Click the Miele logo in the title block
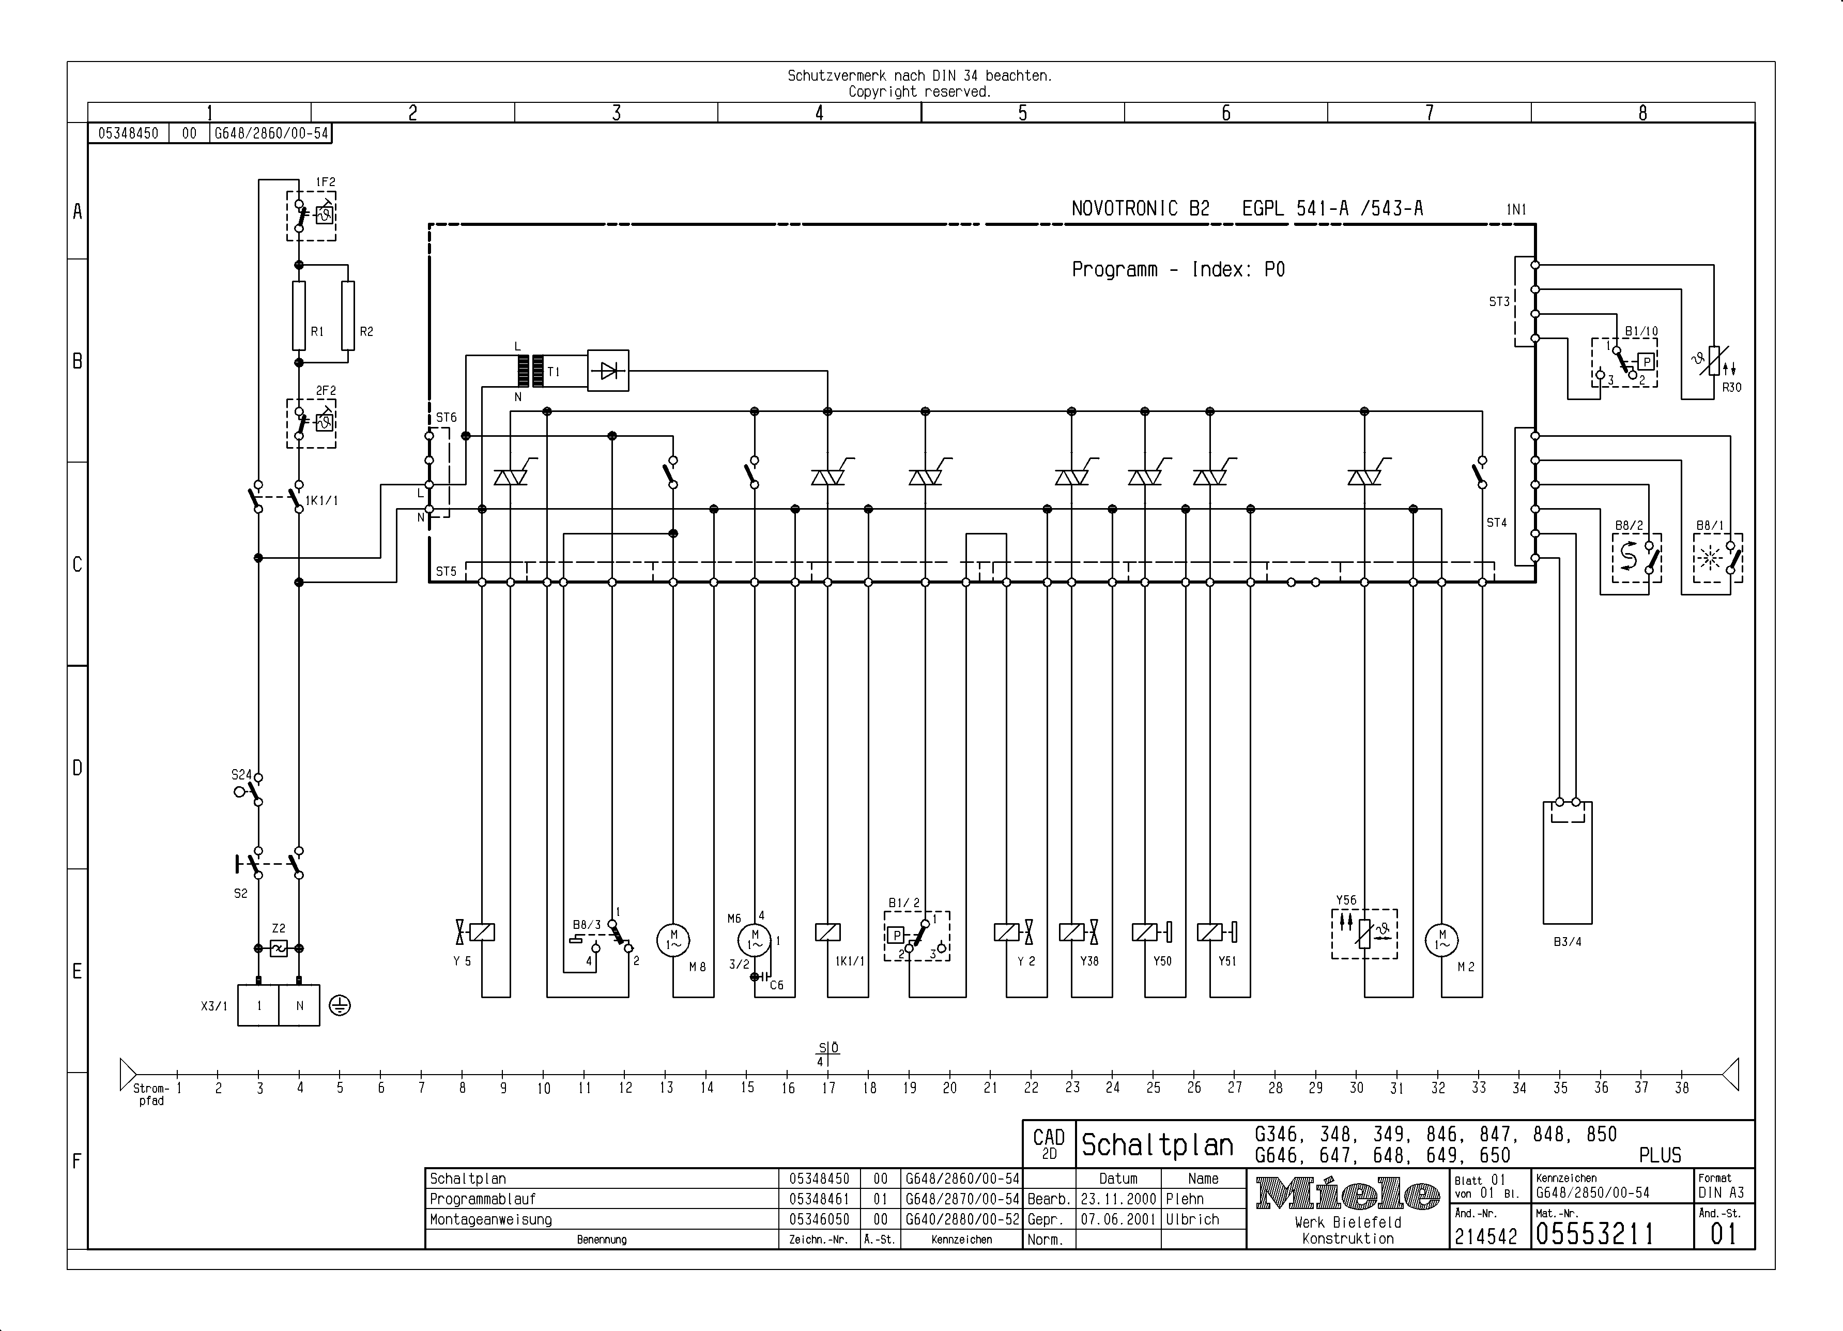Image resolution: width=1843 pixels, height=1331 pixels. pos(1347,1195)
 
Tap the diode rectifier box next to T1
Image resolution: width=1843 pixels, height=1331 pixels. pos(608,371)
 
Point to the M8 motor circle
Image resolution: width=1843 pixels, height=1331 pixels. pos(673,940)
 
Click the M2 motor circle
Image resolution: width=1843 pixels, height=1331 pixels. pos(1441,940)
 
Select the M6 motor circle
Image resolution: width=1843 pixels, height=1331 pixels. pos(754,940)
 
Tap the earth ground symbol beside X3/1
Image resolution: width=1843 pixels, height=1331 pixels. pos(340,1006)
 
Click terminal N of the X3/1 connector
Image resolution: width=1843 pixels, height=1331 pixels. pos(299,1006)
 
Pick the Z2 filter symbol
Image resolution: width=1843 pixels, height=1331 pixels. pos(279,948)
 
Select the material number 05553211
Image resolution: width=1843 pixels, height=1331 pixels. pos(1594,1234)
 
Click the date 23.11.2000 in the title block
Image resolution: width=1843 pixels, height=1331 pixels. pos(1118,1199)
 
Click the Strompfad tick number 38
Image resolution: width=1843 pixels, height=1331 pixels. pos(1681,1088)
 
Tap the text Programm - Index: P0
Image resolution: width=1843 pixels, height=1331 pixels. pos(1178,270)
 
